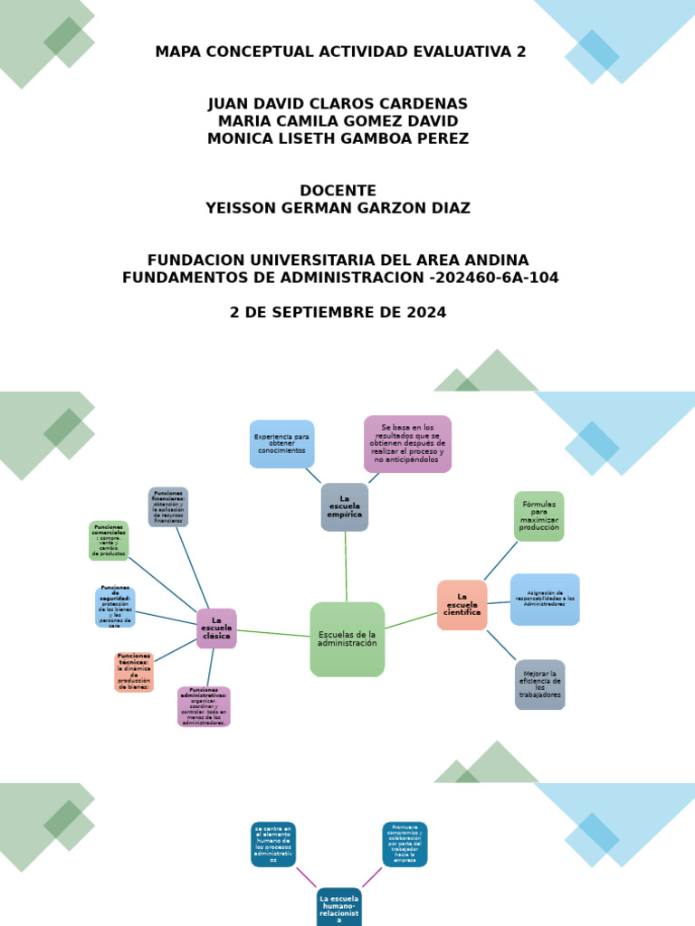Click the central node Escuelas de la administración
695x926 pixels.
click(347, 639)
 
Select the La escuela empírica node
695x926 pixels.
click(344, 507)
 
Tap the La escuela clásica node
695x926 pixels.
click(216, 628)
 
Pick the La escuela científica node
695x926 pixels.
click(462, 605)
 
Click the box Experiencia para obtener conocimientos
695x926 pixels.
click(281, 444)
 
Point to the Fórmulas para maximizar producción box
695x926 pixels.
click(538, 516)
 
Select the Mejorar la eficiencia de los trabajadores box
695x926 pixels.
click(539, 685)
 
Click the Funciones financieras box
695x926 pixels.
click(168, 507)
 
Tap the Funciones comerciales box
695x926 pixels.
click(109, 541)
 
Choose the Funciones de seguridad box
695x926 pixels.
click(115, 607)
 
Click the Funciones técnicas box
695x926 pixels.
click(134, 672)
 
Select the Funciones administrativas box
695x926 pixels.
click(204, 706)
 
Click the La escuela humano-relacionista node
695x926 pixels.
click(339, 907)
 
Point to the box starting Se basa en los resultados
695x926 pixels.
click(407, 444)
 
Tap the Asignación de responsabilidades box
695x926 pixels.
click(545, 600)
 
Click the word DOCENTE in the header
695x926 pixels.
click(338, 191)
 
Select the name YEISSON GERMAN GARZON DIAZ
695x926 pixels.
click(338, 208)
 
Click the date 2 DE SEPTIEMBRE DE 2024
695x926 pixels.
click(338, 313)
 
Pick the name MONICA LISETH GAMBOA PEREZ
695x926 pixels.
click(338, 138)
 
